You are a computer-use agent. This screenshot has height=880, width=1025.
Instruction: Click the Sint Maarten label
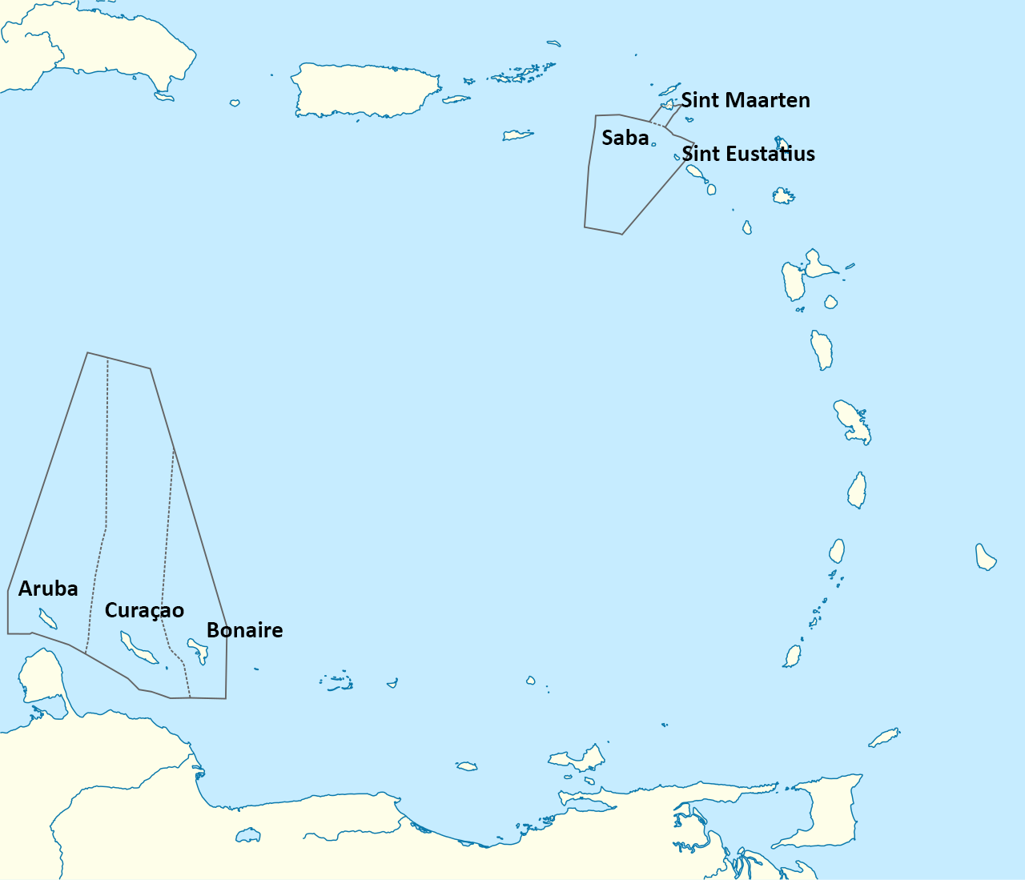746,100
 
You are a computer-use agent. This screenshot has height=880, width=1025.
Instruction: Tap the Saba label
625,138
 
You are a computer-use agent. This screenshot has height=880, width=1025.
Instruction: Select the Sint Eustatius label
749,154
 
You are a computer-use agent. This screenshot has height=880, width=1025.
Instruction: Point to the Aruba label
48,589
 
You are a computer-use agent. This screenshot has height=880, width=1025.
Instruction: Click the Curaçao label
144,610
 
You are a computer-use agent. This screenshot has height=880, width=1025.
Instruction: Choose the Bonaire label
244,630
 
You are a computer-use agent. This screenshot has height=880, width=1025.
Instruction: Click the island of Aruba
47,618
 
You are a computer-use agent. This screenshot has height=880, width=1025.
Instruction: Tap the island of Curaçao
138,648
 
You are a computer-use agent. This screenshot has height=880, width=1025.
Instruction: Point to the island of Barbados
985,557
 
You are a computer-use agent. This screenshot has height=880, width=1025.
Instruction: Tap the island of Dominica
822,350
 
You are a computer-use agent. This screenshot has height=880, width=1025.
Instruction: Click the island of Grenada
793,657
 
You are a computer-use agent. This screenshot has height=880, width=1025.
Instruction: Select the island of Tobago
884,737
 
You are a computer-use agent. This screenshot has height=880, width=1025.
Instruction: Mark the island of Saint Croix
517,135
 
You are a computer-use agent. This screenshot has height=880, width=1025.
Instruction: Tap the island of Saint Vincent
837,551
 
